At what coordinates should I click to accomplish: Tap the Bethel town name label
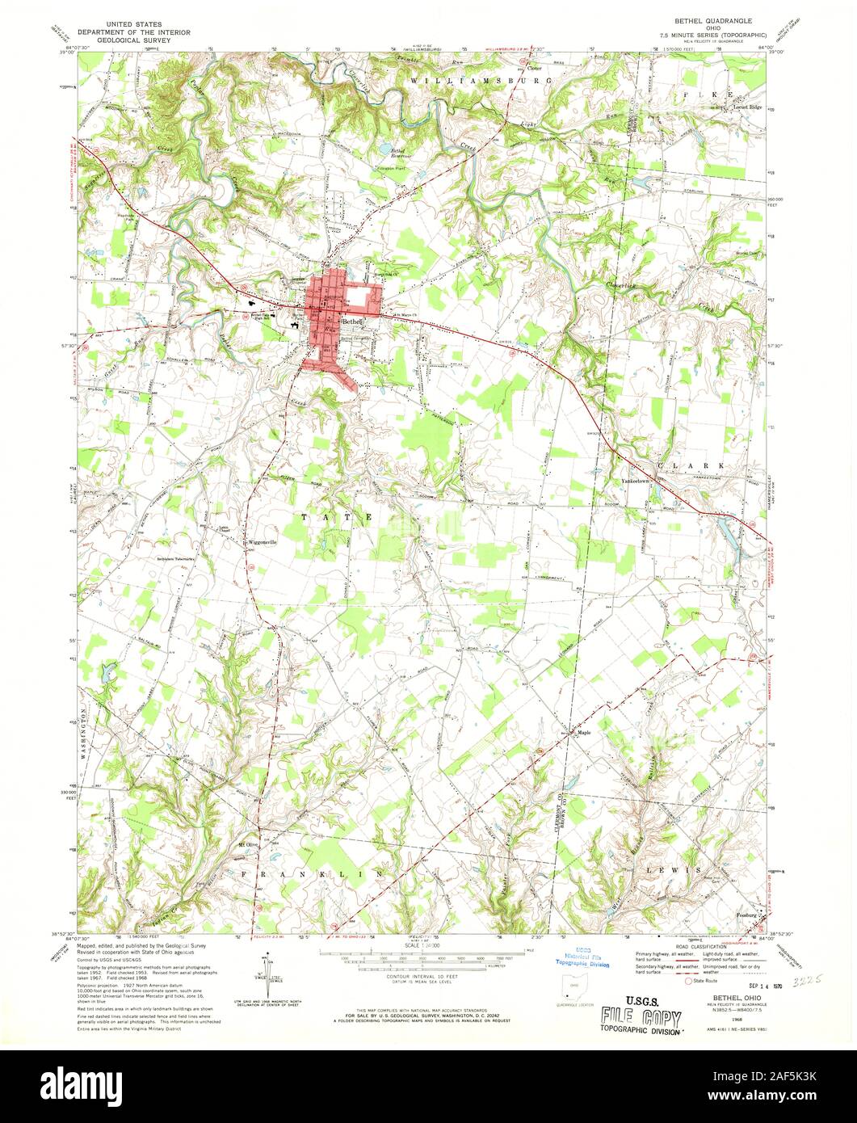click(353, 321)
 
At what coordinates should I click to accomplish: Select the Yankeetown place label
click(636, 482)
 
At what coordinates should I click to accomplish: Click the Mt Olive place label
click(246, 846)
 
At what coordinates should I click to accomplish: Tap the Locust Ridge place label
click(748, 107)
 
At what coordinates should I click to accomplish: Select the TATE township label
click(338, 515)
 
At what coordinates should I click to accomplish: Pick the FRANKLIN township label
click(311, 874)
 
